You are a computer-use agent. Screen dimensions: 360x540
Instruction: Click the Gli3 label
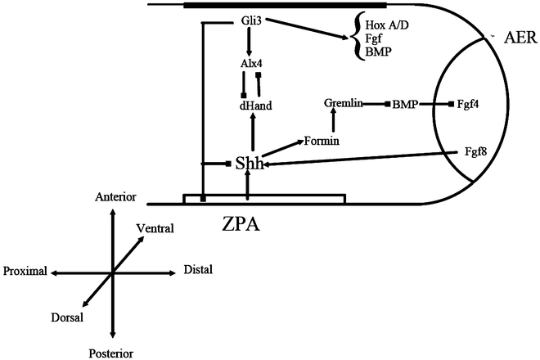[252, 20]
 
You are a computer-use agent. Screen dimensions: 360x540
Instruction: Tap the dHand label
[252, 106]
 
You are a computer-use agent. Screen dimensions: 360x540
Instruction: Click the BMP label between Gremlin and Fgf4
[406, 104]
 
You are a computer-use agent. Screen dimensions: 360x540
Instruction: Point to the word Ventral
[155, 228]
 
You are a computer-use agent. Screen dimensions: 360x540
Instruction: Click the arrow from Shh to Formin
[280, 151]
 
